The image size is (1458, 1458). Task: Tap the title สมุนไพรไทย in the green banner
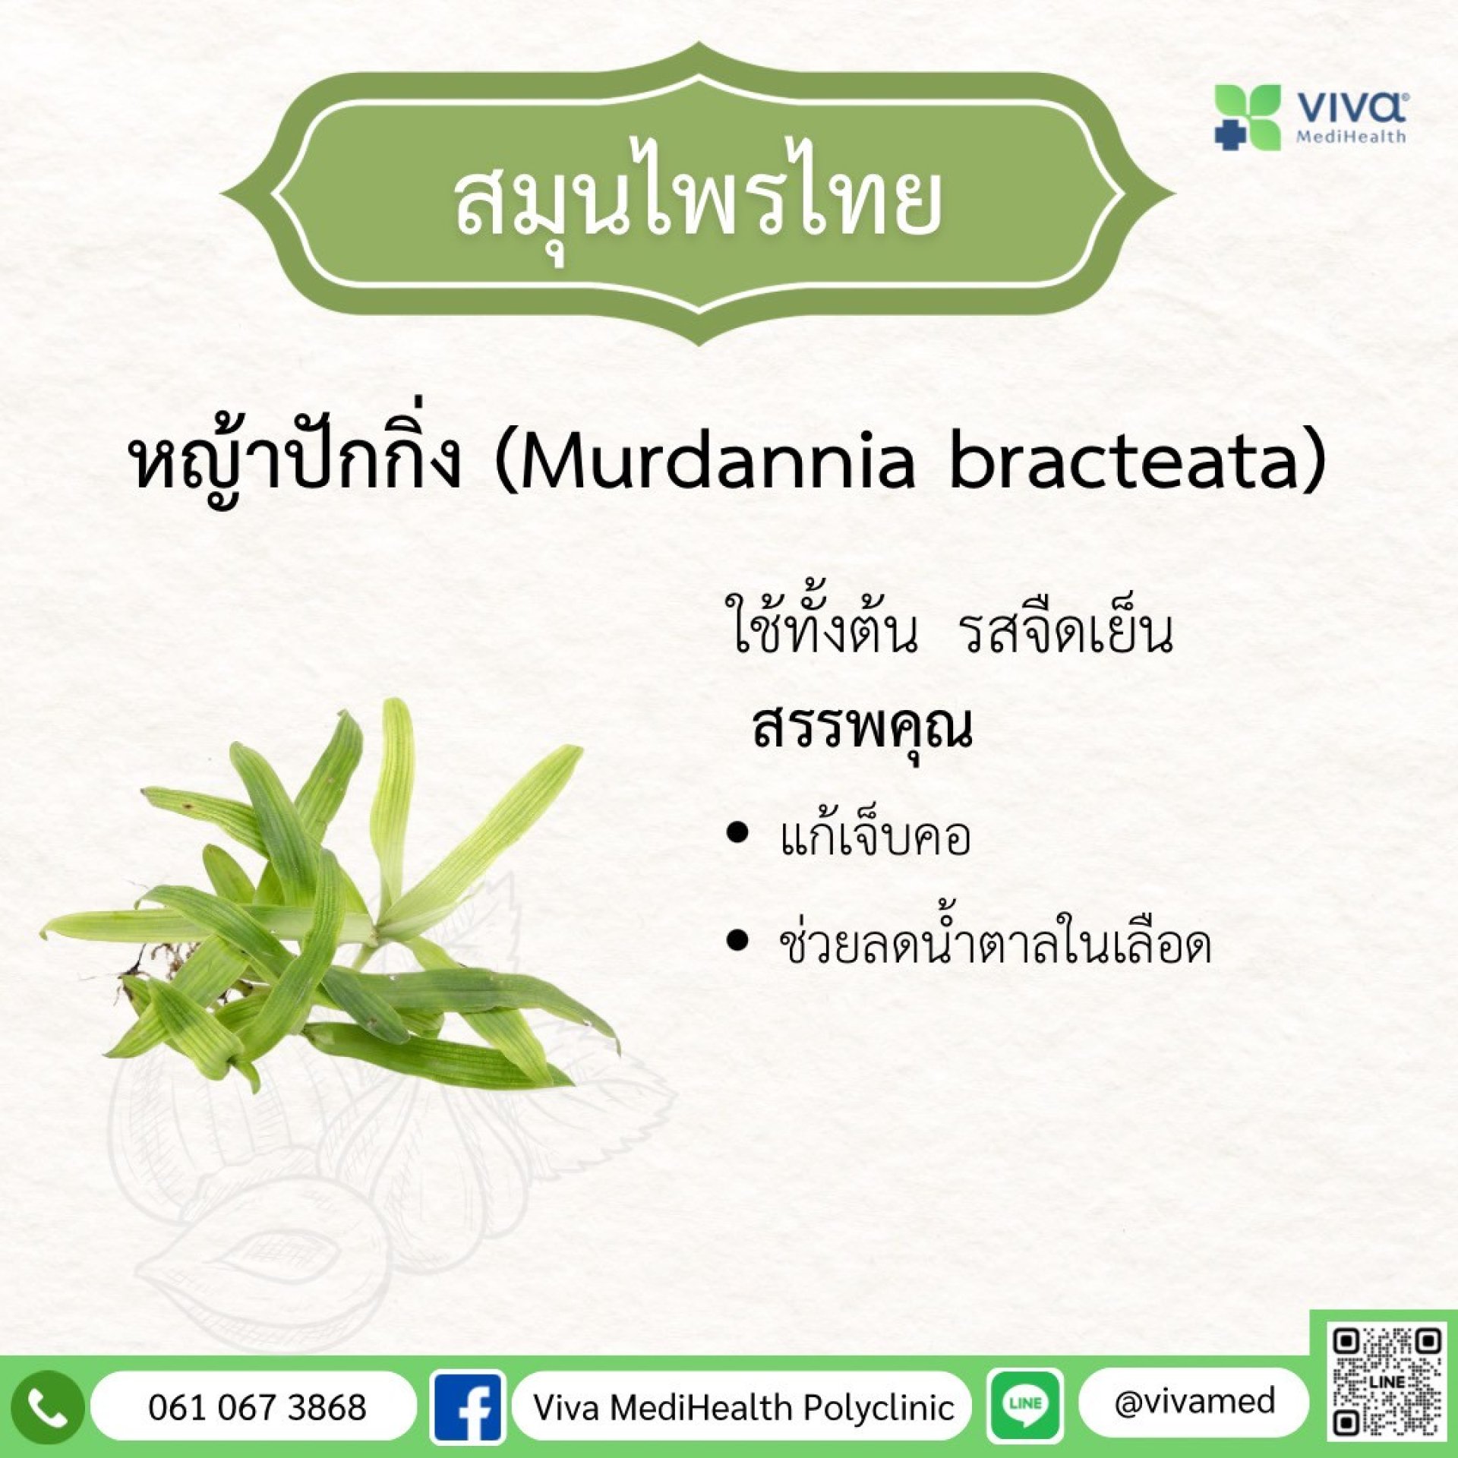[x=698, y=200]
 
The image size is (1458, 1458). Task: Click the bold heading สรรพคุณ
[x=862, y=729]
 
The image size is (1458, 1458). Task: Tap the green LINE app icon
[x=1025, y=1405]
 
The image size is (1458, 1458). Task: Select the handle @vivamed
[x=1194, y=1402]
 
